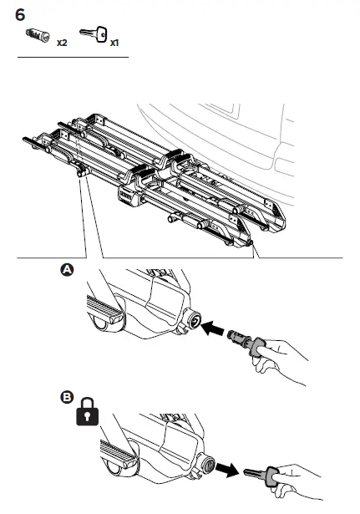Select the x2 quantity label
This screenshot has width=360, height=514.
62,42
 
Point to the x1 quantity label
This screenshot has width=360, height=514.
114,42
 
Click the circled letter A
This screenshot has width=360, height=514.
66,270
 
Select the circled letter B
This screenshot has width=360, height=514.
66,397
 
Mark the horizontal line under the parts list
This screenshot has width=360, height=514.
73,58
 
